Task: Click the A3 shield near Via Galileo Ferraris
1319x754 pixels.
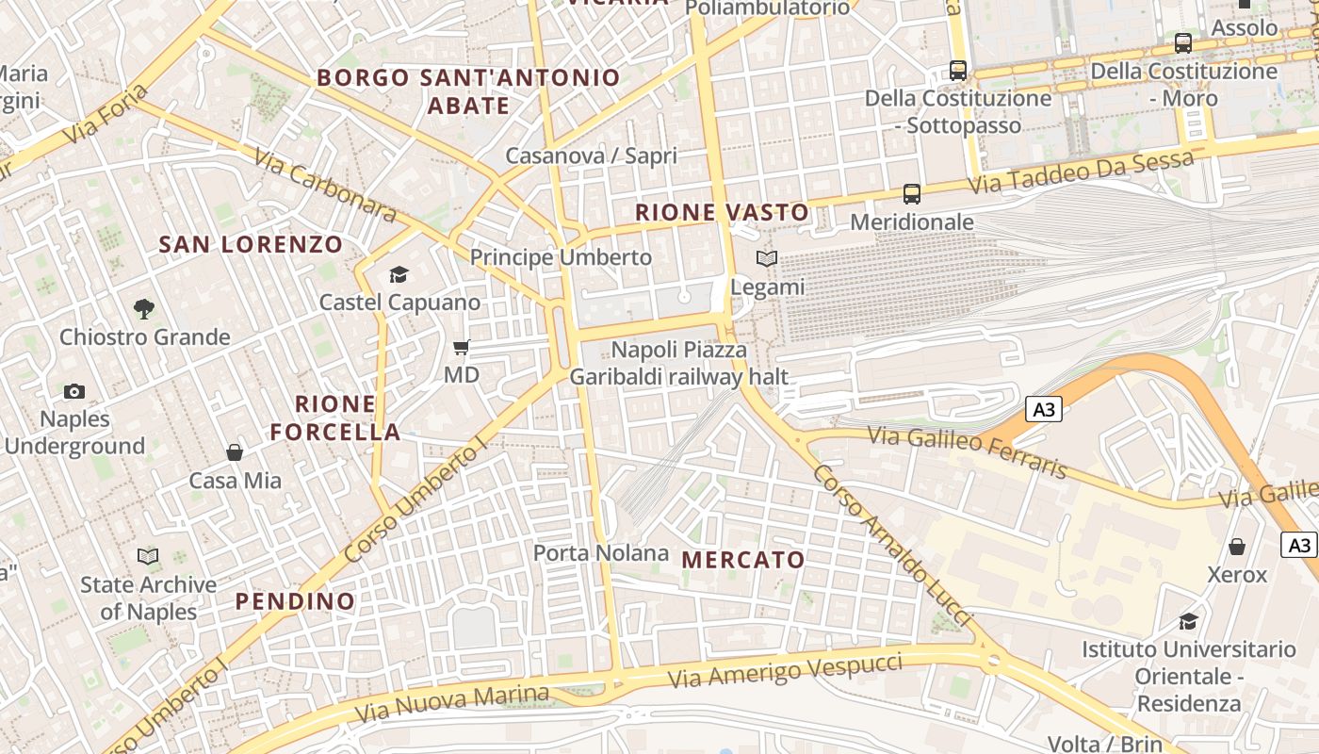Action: pyautogui.click(x=1044, y=410)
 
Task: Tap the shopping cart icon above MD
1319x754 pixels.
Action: pyautogui.click(x=462, y=348)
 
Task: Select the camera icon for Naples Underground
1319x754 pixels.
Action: pyautogui.click(x=73, y=391)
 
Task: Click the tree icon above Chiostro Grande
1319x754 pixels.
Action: pyautogui.click(x=143, y=308)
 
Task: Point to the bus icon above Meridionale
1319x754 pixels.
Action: pyautogui.click(x=911, y=194)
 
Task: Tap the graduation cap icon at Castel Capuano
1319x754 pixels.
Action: pyautogui.click(x=399, y=274)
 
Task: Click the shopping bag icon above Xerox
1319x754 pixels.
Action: pyautogui.click(x=1237, y=547)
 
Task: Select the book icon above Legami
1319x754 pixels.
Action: pyautogui.click(x=768, y=258)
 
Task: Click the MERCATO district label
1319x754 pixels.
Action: pyautogui.click(x=743, y=560)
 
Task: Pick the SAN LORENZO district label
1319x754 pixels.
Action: pyautogui.click(x=251, y=245)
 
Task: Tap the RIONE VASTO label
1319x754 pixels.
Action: pyautogui.click(x=722, y=213)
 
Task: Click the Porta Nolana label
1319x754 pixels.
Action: pyautogui.click(x=601, y=553)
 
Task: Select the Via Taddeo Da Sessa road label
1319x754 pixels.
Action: pyautogui.click(x=1082, y=173)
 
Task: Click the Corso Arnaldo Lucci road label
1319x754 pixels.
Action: pyautogui.click(x=890, y=545)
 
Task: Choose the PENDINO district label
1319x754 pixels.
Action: pyautogui.click(x=295, y=601)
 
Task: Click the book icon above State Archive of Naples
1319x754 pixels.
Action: pyautogui.click(x=148, y=556)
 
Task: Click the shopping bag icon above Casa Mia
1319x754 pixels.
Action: pyautogui.click(x=235, y=452)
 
